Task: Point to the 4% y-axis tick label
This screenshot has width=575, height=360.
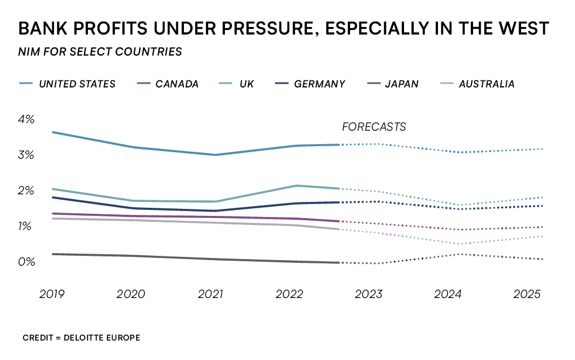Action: [x=26, y=119]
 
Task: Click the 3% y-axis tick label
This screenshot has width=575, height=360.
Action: [x=26, y=155]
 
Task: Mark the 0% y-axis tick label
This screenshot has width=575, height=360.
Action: [x=26, y=262]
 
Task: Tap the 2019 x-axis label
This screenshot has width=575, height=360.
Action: [x=52, y=294]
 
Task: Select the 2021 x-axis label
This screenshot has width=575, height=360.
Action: [x=210, y=294]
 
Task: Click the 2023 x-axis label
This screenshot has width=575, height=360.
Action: [x=368, y=294]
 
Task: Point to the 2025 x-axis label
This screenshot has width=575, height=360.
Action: [x=527, y=294]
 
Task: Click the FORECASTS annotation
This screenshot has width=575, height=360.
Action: [x=374, y=127]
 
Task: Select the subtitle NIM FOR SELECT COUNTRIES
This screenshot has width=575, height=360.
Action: [x=100, y=52]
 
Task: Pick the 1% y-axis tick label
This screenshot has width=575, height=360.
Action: [x=26, y=226]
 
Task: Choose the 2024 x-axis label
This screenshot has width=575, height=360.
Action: [x=448, y=294]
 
